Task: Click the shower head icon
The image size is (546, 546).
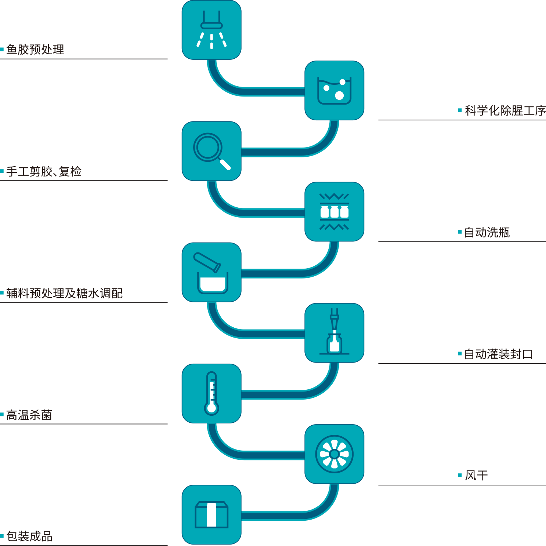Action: click(x=211, y=30)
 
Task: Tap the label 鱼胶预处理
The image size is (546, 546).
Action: click(x=35, y=50)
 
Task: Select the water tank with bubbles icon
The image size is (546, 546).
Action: click(x=334, y=91)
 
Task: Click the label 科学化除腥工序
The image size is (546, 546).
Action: click(x=505, y=110)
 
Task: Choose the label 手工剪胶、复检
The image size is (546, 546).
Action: click(x=44, y=171)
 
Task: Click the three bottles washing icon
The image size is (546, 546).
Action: click(x=334, y=212)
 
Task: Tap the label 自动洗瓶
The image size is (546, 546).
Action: click(x=487, y=232)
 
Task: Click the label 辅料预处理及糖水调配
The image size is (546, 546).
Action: click(x=64, y=293)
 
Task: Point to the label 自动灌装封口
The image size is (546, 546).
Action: click(x=498, y=354)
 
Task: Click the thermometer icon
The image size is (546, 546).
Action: click(x=211, y=393)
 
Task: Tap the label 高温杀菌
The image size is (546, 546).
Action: click(x=29, y=415)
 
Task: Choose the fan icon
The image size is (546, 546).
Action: click(x=334, y=454)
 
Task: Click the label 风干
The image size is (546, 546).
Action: click(x=476, y=476)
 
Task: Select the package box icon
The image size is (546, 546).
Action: click(x=211, y=514)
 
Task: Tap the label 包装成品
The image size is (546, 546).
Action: click(x=29, y=536)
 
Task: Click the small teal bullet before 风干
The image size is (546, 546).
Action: click(x=460, y=476)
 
